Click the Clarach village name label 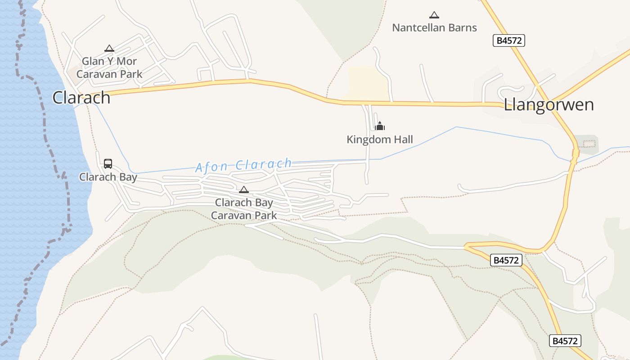click(81, 97)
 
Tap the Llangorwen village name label click(549, 105)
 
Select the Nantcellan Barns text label click(434, 27)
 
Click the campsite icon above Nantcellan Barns click(434, 15)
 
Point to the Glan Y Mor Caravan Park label click(109, 67)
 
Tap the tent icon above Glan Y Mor click(109, 48)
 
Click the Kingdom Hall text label click(379, 139)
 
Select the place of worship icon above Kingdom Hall click(380, 126)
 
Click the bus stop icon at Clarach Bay click(108, 164)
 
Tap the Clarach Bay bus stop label click(108, 177)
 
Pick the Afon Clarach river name click(243, 165)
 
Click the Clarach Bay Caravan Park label click(244, 209)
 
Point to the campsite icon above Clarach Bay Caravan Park click(244, 189)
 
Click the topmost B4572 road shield click(509, 40)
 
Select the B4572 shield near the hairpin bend click(506, 260)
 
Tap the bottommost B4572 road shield click(565, 341)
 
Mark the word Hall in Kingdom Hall click(403, 139)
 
